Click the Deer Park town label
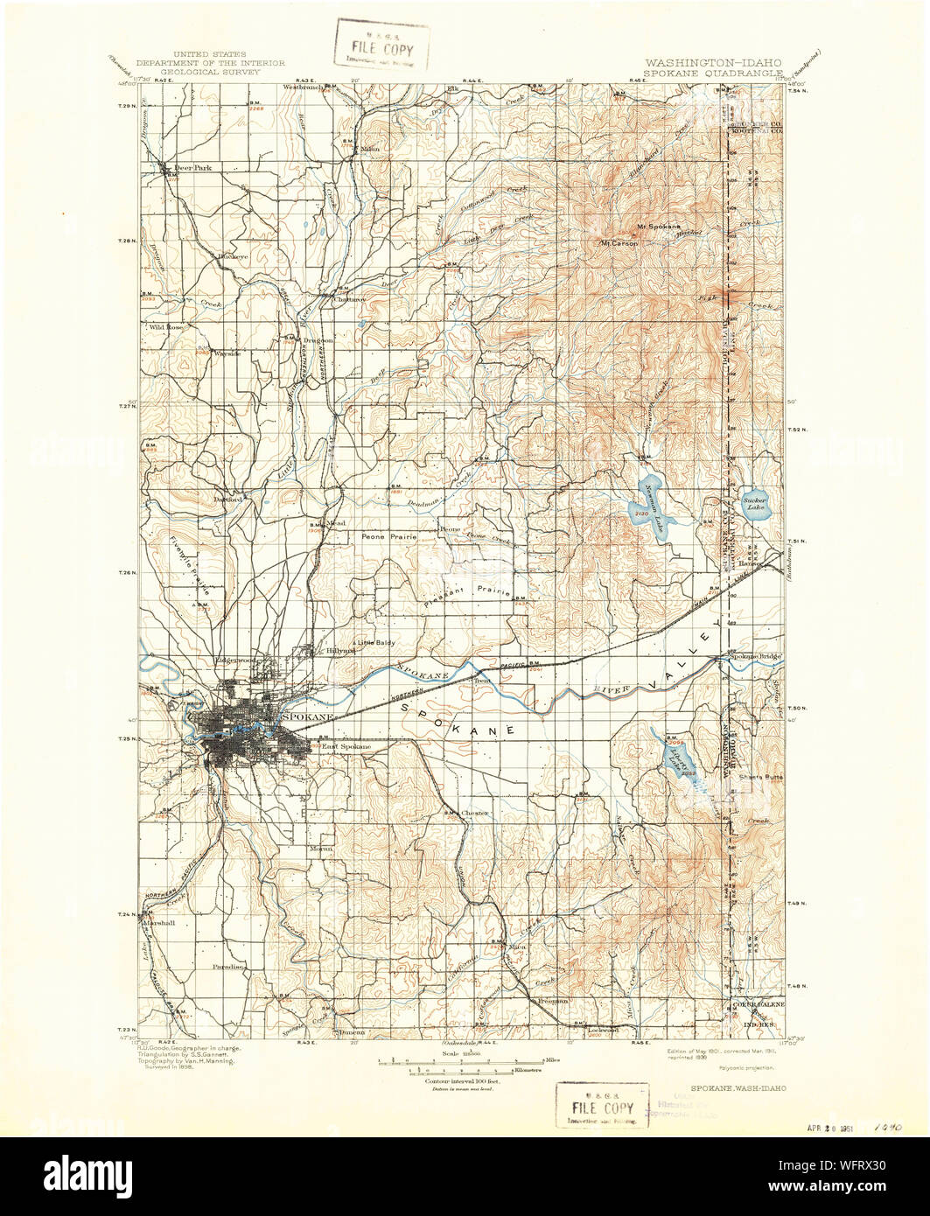pos(192,167)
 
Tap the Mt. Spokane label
pos(657,227)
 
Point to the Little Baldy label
pos(376,643)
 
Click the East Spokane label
pos(346,746)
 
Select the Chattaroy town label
pos(345,297)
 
